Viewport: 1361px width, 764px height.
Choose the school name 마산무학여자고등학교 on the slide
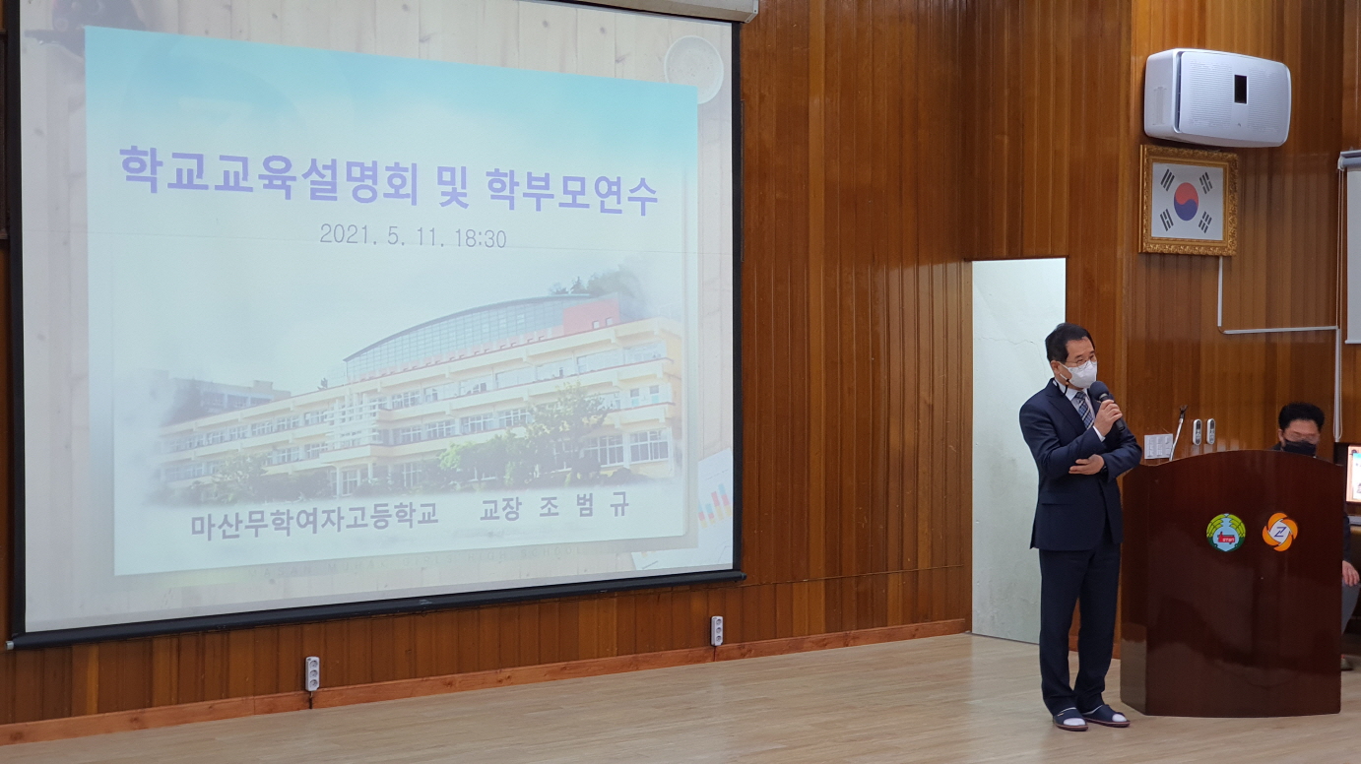[x=314, y=518]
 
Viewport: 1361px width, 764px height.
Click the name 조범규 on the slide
[x=584, y=506]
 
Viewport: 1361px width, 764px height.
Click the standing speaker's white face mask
[x=1081, y=373]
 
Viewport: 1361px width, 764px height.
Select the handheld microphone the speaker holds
[x=1105, y=402]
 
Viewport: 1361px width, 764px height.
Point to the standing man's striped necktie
[x=1083, y=407]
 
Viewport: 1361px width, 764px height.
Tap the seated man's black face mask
[x=1299, y=447]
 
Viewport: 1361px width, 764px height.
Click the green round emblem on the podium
[x=1225, y=533]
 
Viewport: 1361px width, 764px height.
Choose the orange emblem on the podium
[x=1279, y=532]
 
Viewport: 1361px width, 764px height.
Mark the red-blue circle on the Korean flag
[x=1187, y=200]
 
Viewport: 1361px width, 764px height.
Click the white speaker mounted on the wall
[x=1216, y=96]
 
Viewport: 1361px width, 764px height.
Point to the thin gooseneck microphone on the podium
[x=1177, y=431]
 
